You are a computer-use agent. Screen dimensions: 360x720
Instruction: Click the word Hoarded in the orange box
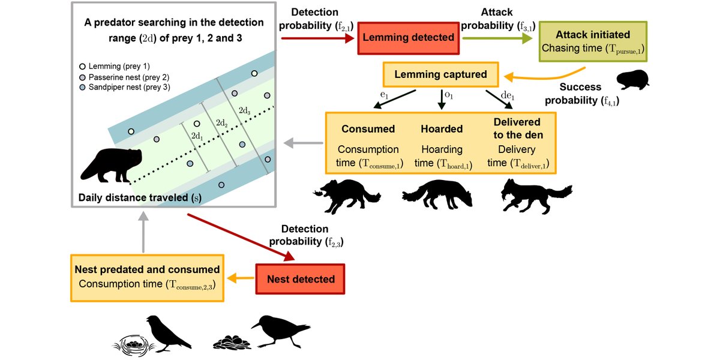click(x=442, y=129)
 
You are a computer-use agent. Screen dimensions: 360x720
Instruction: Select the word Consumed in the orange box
click(x=368, y=129)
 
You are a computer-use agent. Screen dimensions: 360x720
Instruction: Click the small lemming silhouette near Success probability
click(x=634, y=80)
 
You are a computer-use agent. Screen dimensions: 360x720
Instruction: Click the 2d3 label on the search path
click(x=245, y=111)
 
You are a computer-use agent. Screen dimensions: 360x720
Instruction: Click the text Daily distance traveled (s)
click(x=137, y=197)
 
